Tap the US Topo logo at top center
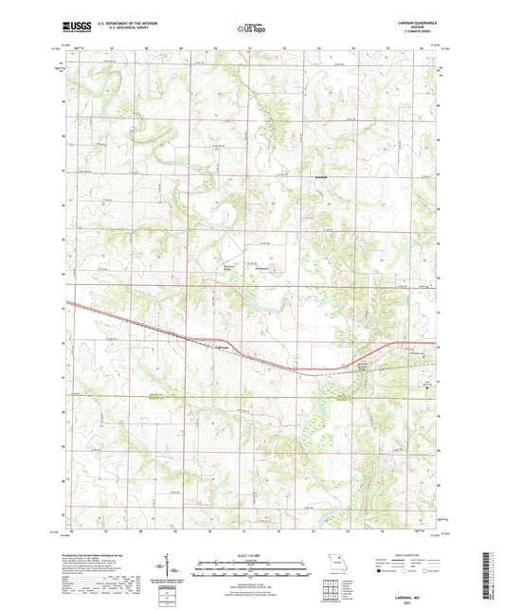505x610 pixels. point(252,29)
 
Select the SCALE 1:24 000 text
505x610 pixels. point(252,555)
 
